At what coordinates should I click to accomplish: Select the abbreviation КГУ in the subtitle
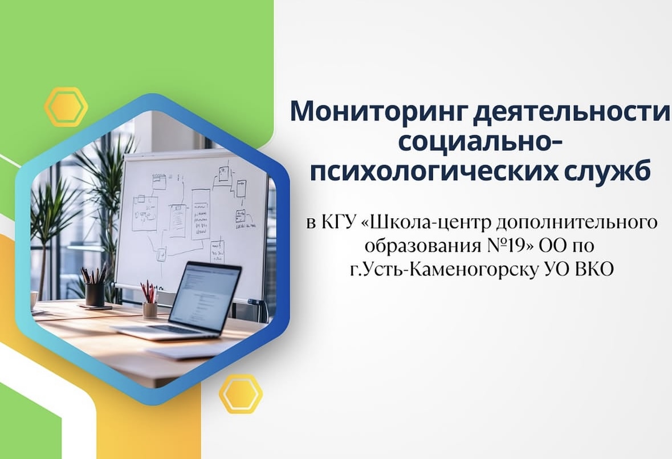tap(337, 222)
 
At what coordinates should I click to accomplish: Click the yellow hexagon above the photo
tap(66, 107)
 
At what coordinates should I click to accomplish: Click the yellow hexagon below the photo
tap(241, 393)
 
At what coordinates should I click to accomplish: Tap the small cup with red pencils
tap(150, 308)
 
